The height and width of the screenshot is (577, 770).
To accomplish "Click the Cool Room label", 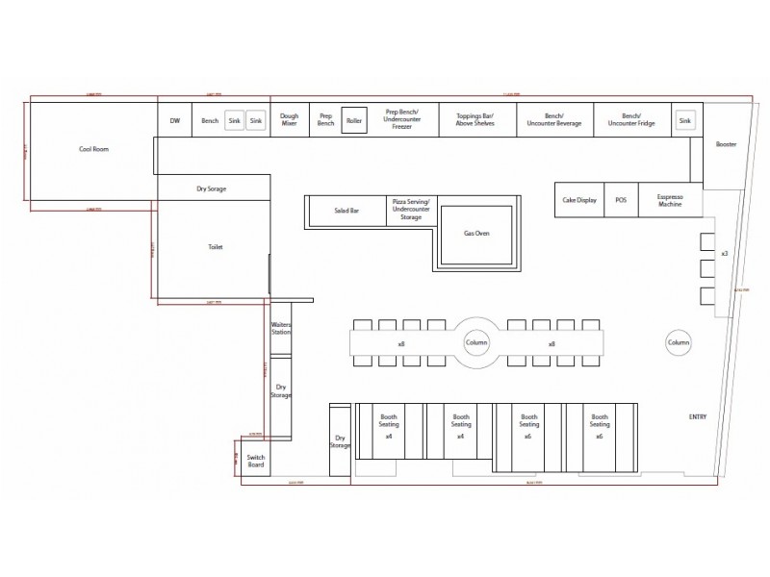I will [x=92, y=149].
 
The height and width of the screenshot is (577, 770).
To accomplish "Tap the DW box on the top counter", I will [x=175, y=120].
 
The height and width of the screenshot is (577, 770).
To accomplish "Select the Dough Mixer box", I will [x=289, y=120].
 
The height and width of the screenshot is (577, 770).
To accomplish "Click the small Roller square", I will [x=353, y=121].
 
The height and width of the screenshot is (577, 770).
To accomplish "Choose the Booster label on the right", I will [x=726, y=144].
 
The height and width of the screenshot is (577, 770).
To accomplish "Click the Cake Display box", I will [x=579, y=200].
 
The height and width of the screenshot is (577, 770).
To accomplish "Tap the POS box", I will [x=621, y=200].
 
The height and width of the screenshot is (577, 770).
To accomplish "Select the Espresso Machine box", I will [x=669, y=200].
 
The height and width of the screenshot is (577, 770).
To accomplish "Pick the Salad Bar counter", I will [x=346, y=210].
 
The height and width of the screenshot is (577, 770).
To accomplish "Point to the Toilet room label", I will [x=215, y=247].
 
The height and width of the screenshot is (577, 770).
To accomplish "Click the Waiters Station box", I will [x=281, y=330].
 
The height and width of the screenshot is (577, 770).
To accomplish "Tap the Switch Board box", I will [x=255, y=462].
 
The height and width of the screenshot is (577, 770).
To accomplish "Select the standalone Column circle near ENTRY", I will [x=679, y=343].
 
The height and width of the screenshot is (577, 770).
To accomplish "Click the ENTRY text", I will [x=698, y=416].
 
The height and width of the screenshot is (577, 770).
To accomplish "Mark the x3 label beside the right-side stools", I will [x=724, y=253].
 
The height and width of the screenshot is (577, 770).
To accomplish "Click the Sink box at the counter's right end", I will [x=684, y=120].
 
